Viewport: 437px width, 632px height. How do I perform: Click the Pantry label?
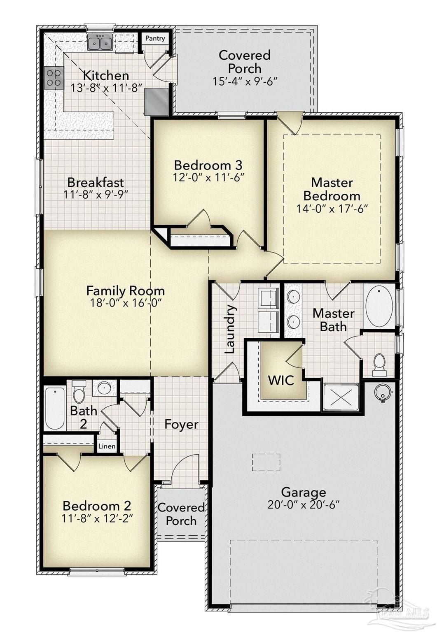[155, 38]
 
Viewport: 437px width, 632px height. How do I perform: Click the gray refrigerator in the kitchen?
[157, 102]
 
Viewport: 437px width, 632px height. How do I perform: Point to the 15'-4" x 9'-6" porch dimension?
[245, 81]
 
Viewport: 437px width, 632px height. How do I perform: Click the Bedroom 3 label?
[208, 165]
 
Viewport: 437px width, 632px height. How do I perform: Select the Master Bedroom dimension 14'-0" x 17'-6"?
[332, 209]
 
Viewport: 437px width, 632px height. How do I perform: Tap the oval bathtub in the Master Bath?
[379, 307]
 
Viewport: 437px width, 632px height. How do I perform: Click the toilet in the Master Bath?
[379, 364]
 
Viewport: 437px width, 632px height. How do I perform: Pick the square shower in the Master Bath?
[341, 397]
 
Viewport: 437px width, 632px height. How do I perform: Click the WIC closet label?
[281, 380]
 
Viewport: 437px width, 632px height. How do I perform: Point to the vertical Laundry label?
[229, 329]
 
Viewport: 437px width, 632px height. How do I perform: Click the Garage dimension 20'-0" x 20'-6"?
[303, 504]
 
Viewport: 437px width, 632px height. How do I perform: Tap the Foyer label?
[181, 424]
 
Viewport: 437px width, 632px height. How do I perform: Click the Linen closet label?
[107, 446]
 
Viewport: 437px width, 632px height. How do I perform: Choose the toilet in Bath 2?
[78, 393]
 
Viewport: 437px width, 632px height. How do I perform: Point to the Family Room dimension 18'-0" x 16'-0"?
[125, 303]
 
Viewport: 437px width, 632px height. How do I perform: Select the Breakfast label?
[96, 182]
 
